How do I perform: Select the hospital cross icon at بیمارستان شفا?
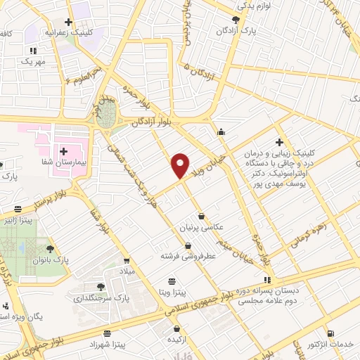(63, 150)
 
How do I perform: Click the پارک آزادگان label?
(236, 31)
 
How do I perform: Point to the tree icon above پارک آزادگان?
(236, 20)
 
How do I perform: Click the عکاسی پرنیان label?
(202, 228)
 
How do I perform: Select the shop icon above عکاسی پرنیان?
(202, 217)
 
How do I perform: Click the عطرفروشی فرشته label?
(188, 257)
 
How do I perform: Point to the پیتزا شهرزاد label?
(106, 345)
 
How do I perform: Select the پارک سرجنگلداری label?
(101, 297)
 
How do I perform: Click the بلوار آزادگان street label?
(150, 122)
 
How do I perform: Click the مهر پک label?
(32, 62)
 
